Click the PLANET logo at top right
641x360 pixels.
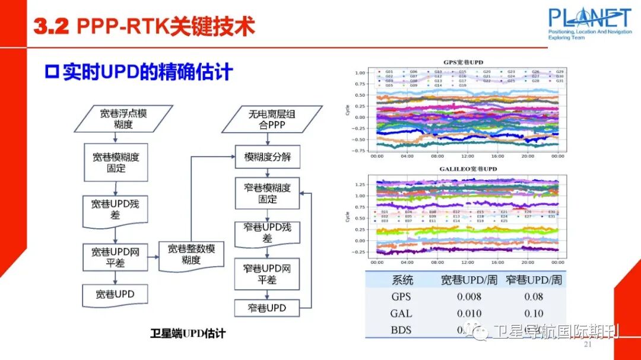tap(589, 24)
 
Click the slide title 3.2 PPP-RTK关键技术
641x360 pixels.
tap(145, 27)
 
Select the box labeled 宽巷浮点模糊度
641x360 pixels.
tap(123, 118)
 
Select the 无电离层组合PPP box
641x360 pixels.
tap(271, 119)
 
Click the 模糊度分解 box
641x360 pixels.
tap(268, 158)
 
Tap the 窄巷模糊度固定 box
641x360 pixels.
tap(268, 193)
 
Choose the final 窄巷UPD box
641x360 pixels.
tap(267, 308)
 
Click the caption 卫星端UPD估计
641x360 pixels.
tap(188, 333)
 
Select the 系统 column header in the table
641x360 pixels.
tap(402, 279)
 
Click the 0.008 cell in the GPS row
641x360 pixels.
tap(469, 297)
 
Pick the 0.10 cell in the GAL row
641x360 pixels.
tap(534, 313)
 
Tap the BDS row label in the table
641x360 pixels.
tap(401, 330)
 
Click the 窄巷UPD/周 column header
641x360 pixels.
tap(534, 279)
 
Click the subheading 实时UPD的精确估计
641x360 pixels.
tap(139, 72)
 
